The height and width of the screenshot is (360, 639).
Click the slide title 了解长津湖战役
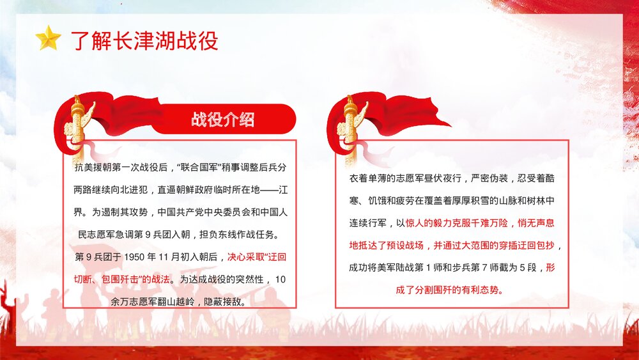click(144, 40)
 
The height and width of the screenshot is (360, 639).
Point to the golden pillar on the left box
click(79, 128)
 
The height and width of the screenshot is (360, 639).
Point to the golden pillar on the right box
click(350, 128)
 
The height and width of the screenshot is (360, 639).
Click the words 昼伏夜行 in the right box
click(447, 178)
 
